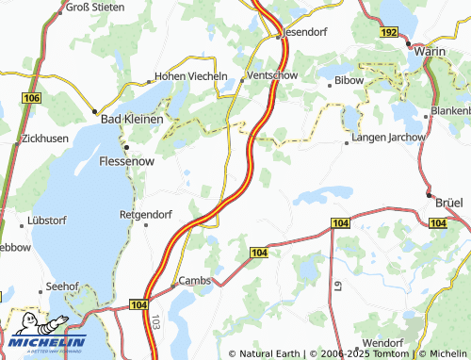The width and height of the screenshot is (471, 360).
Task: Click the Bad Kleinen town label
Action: point(132,120)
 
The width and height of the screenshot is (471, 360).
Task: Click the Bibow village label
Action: point(349,81)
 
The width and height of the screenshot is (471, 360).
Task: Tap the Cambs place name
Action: point(195,281)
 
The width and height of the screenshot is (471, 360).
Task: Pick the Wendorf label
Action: point(382,342)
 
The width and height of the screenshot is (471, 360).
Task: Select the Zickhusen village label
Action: point(44,138)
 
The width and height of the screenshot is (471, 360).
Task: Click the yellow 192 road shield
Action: point(389,31)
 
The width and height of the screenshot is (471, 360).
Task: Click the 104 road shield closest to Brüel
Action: point(436,222)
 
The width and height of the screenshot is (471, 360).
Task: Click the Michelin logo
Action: point(44,337)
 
